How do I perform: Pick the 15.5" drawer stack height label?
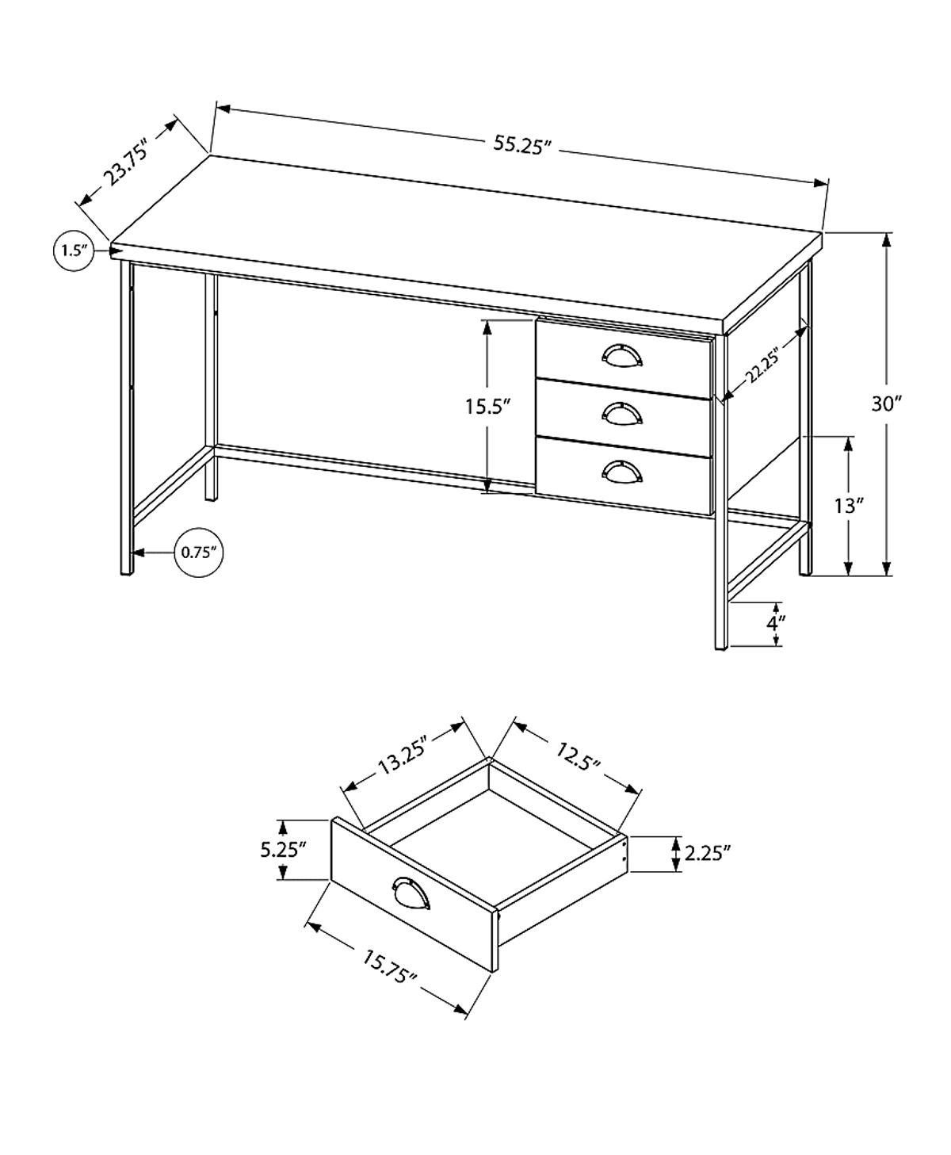click(x=486, y=407)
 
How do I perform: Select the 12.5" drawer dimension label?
click(x=578, y=752)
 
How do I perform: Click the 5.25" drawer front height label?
click(x=283, y=850)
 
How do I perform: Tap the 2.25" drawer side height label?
click(x=706, y=853)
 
